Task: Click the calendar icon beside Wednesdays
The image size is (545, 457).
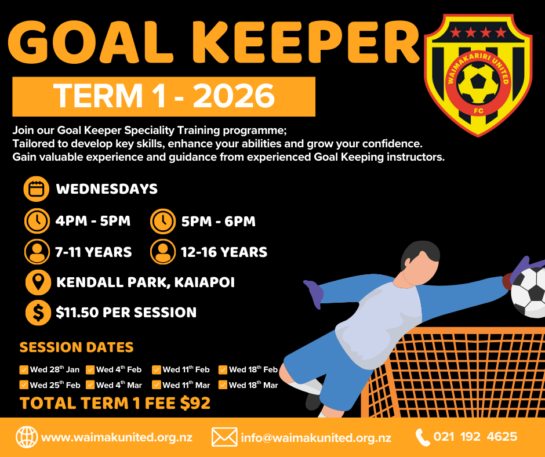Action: tap(37, 189)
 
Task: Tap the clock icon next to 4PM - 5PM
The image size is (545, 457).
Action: tap(37, 221)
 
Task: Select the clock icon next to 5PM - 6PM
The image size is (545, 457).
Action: tap(163, 221)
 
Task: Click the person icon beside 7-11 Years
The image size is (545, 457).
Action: tap(37, 252)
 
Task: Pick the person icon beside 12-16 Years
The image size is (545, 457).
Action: tap(163, 252)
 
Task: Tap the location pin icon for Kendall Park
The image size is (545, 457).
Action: tap(38, 282)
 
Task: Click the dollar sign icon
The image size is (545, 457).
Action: tap(38, 313)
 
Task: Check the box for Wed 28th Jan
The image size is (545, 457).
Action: tap(24, 369)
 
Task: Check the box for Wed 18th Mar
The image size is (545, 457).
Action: tap(223, 385)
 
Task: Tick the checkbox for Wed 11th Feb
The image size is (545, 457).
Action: tap(157, 369)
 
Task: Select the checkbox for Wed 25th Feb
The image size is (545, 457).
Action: tap(24, 385)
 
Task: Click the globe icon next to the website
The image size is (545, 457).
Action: tap(27, 437)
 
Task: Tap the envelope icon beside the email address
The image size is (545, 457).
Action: tap(224, 437)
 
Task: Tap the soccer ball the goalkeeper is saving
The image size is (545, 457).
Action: tap(529, 292)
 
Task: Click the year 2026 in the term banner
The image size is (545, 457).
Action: tap(234, 96)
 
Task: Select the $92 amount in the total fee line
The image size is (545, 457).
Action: tap(195, 403)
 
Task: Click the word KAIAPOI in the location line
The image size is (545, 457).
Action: tap(204, 282)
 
